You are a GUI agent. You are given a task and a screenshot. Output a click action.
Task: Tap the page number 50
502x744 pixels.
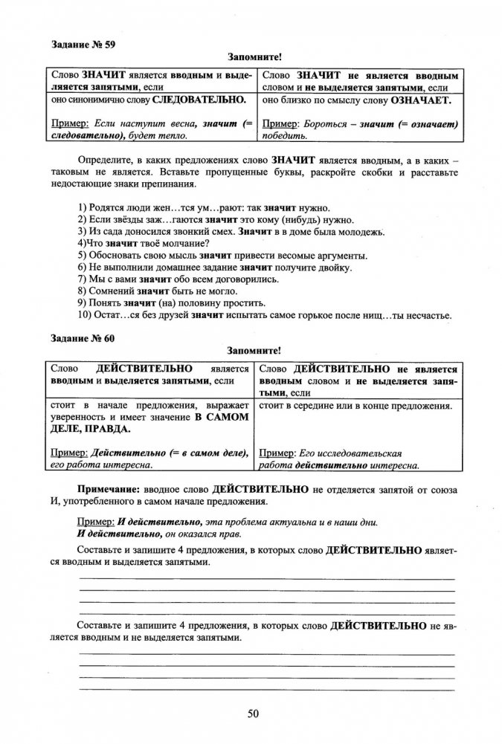click(x=252, y=714)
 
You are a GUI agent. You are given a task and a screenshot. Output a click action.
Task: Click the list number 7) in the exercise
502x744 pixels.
click(x=82, y=279)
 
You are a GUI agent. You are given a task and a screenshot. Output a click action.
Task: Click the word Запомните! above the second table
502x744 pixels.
click(x=253, y=350)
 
